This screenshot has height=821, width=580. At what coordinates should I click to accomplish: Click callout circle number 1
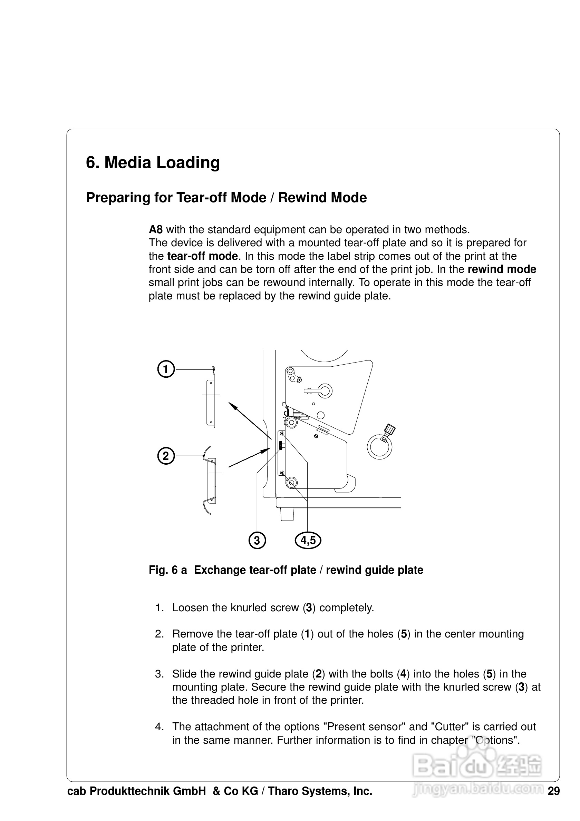pos(166,369)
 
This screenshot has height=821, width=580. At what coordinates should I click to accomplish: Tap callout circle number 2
pos(166,456)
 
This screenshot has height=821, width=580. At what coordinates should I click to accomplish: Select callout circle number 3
pos(257,540)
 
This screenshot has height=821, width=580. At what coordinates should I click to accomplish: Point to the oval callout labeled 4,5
pos(308,540)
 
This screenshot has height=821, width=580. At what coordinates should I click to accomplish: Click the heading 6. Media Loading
pos(153,162)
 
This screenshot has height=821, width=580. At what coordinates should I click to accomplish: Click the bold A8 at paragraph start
pos(156,229)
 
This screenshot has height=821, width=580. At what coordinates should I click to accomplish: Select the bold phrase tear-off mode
pos(203,256)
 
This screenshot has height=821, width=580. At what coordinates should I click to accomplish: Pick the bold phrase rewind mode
pos(502,269)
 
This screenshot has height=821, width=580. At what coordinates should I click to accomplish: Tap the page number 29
pos(553,791)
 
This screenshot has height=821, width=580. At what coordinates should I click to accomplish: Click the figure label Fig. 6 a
pos(167,570)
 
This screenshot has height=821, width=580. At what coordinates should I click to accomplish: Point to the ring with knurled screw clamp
pos(380,446)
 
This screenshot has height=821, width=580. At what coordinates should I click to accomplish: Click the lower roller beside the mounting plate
pos(292,483)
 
